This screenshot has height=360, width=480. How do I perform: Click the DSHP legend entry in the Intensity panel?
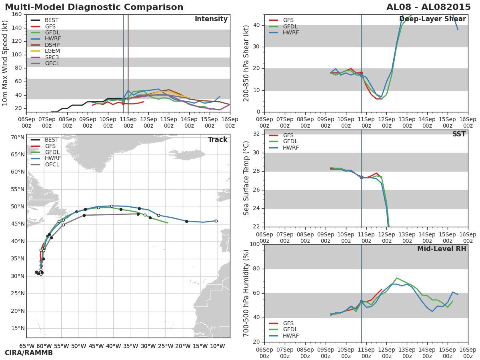(45, 45)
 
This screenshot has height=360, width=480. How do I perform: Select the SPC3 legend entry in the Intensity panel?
(45, 57)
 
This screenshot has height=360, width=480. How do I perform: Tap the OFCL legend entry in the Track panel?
(45, 164)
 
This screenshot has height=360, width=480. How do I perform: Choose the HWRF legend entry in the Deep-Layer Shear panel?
(284, 32)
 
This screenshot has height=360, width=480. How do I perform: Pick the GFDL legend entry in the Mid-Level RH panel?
(283, 329)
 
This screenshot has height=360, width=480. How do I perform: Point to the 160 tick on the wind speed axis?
(17, 14)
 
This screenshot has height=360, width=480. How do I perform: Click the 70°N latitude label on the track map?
(18, 138)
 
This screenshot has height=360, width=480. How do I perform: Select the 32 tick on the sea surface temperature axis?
(256, 134)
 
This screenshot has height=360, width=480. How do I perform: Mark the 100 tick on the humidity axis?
(255, 244)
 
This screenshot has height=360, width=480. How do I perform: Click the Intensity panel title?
(211, 19)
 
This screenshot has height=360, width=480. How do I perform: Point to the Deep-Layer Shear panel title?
(432, 19)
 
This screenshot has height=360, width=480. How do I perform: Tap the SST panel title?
(459, 134)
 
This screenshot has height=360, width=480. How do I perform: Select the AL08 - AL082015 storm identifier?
(428, 7)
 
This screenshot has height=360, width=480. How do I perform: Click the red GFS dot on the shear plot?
(361, 73)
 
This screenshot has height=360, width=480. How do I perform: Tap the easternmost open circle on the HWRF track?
(216, 221)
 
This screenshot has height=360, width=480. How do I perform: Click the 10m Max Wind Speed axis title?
(4, 63)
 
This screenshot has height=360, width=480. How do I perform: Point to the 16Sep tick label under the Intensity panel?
(230, 123)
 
